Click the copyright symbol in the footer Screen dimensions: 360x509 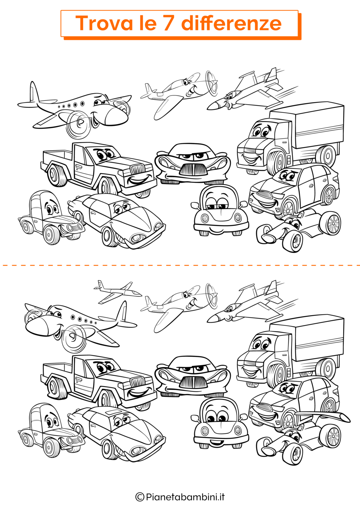[140, 497]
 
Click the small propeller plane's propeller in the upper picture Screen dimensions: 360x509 [212, 84]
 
